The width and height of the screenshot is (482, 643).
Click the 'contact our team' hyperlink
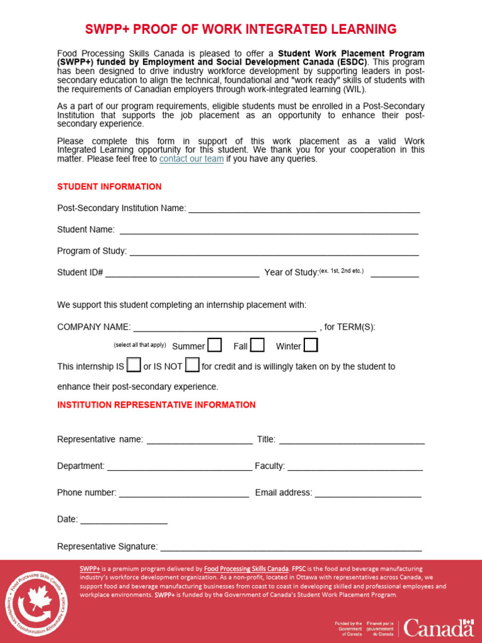tap(191, 159)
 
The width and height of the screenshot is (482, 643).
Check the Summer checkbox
tap(215, 345)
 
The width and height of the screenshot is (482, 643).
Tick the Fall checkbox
tap(257, 345)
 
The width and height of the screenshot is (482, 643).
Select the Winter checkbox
tap(311, 345)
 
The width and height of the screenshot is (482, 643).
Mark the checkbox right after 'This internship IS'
tap(134, 365)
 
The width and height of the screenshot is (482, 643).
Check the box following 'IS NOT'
tap(192, 365)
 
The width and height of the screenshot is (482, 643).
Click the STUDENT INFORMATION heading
tap(109, 187)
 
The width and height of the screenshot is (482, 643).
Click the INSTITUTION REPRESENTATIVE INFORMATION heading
tap(156, 405)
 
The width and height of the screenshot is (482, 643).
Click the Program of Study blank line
tap(274, 252)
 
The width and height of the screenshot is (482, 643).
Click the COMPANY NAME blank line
tap(225, 328)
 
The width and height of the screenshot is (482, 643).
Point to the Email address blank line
tap(368, 494)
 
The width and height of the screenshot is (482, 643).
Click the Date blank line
tap(124, 521)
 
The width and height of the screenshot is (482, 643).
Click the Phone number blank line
tap(184, 494)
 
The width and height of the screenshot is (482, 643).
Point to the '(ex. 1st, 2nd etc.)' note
tap(341, 271)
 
